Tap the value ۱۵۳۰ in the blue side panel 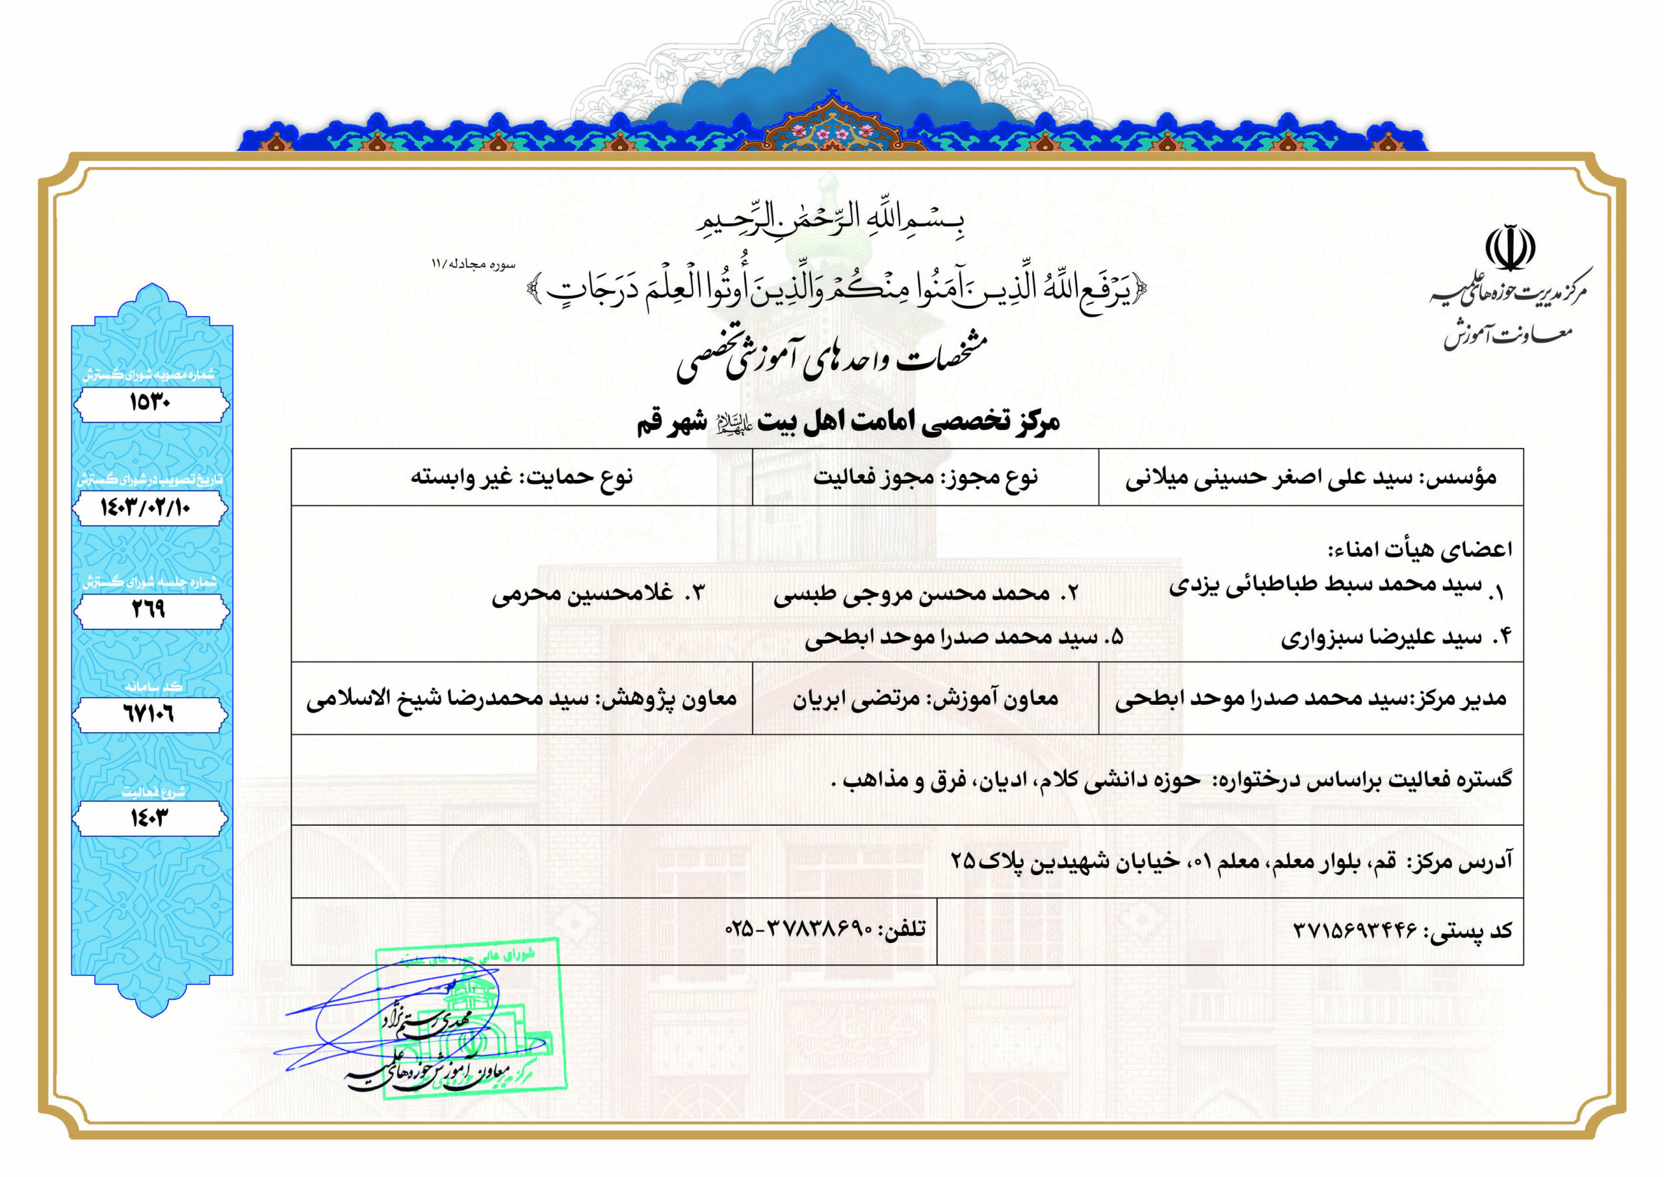click(150, 403)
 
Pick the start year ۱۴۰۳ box click(149, 819)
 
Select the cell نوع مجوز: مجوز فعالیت click(925, 477)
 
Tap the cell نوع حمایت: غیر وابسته click(522, 477)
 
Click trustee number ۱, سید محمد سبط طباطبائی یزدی click(1334, 587)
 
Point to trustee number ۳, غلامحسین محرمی click(597, 593)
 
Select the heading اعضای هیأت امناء click(1419, 549)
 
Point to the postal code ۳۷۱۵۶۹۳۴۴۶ click(1355, 931)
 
